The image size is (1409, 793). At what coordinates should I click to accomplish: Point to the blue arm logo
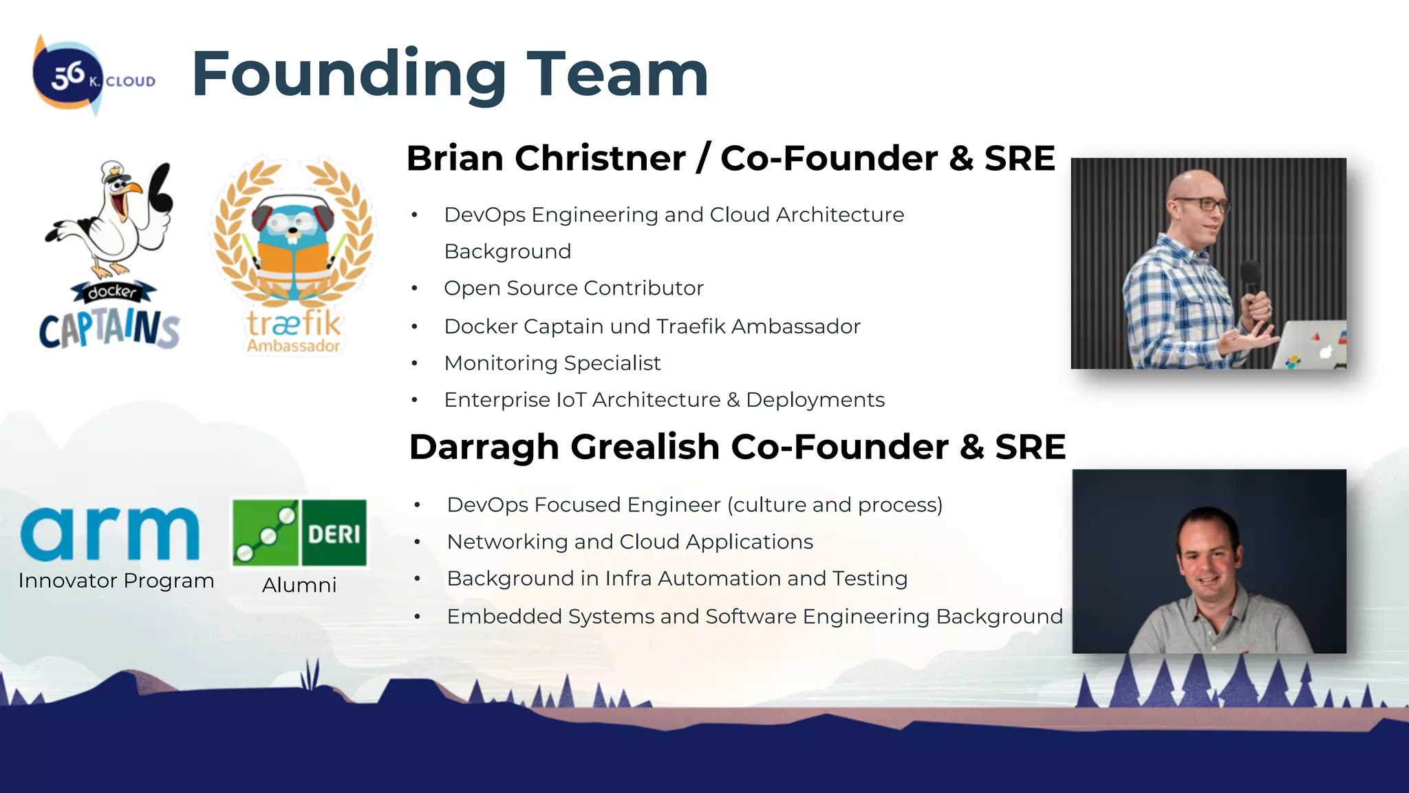pos(110,534)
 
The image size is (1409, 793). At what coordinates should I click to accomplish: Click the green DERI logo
pos(299,533)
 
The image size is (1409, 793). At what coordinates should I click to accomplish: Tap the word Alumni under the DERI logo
pos(299,585)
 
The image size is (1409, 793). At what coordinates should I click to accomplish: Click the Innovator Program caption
pos(116,581)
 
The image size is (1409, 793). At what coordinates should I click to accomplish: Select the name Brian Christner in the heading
pos(546,158)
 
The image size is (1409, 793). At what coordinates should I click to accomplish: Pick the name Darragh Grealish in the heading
pos(564,447)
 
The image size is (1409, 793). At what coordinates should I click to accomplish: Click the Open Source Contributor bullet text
pos(574,288)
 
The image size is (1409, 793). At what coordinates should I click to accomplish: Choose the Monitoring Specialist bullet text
pos(552,363)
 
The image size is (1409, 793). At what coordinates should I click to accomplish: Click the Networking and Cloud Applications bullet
pos(630,542)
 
